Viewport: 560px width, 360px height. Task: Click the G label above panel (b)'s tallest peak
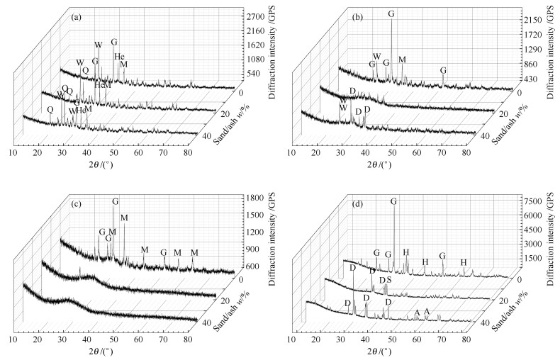pyautogui.click(x=392, y=13)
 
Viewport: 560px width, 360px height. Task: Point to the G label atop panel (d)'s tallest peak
pyautogui.click(x=393, y=202)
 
